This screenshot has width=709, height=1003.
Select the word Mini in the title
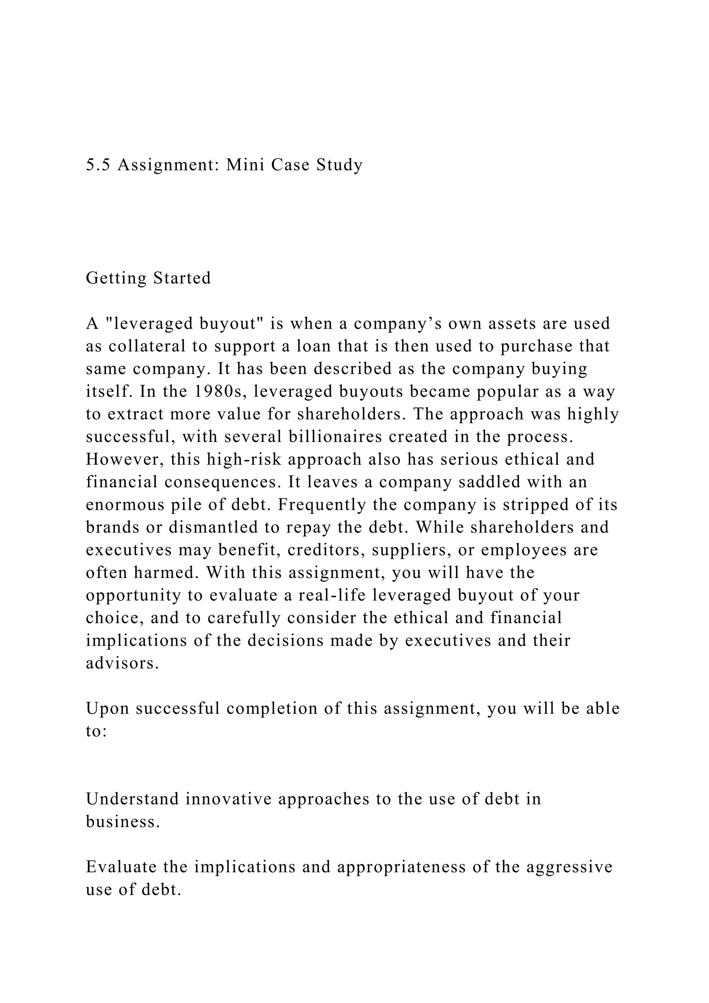(245, 165)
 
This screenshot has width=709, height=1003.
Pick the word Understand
(132, 799)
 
